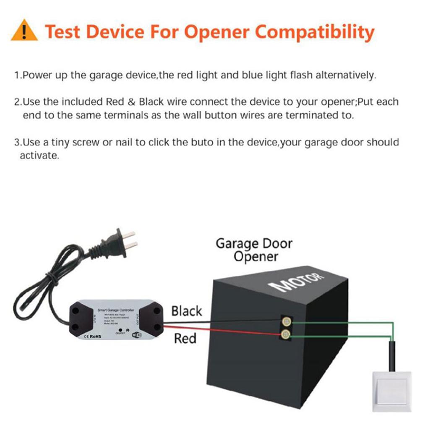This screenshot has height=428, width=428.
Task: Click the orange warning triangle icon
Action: pos(24,31)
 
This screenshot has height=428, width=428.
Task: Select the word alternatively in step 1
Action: pos(344,76)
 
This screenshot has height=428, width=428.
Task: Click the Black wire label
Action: pos(186,311)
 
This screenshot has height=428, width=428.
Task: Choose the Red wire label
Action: pos(185,338)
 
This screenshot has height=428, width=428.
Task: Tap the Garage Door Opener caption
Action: pos(253,250)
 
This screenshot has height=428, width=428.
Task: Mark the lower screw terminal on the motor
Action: pos(285,334)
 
